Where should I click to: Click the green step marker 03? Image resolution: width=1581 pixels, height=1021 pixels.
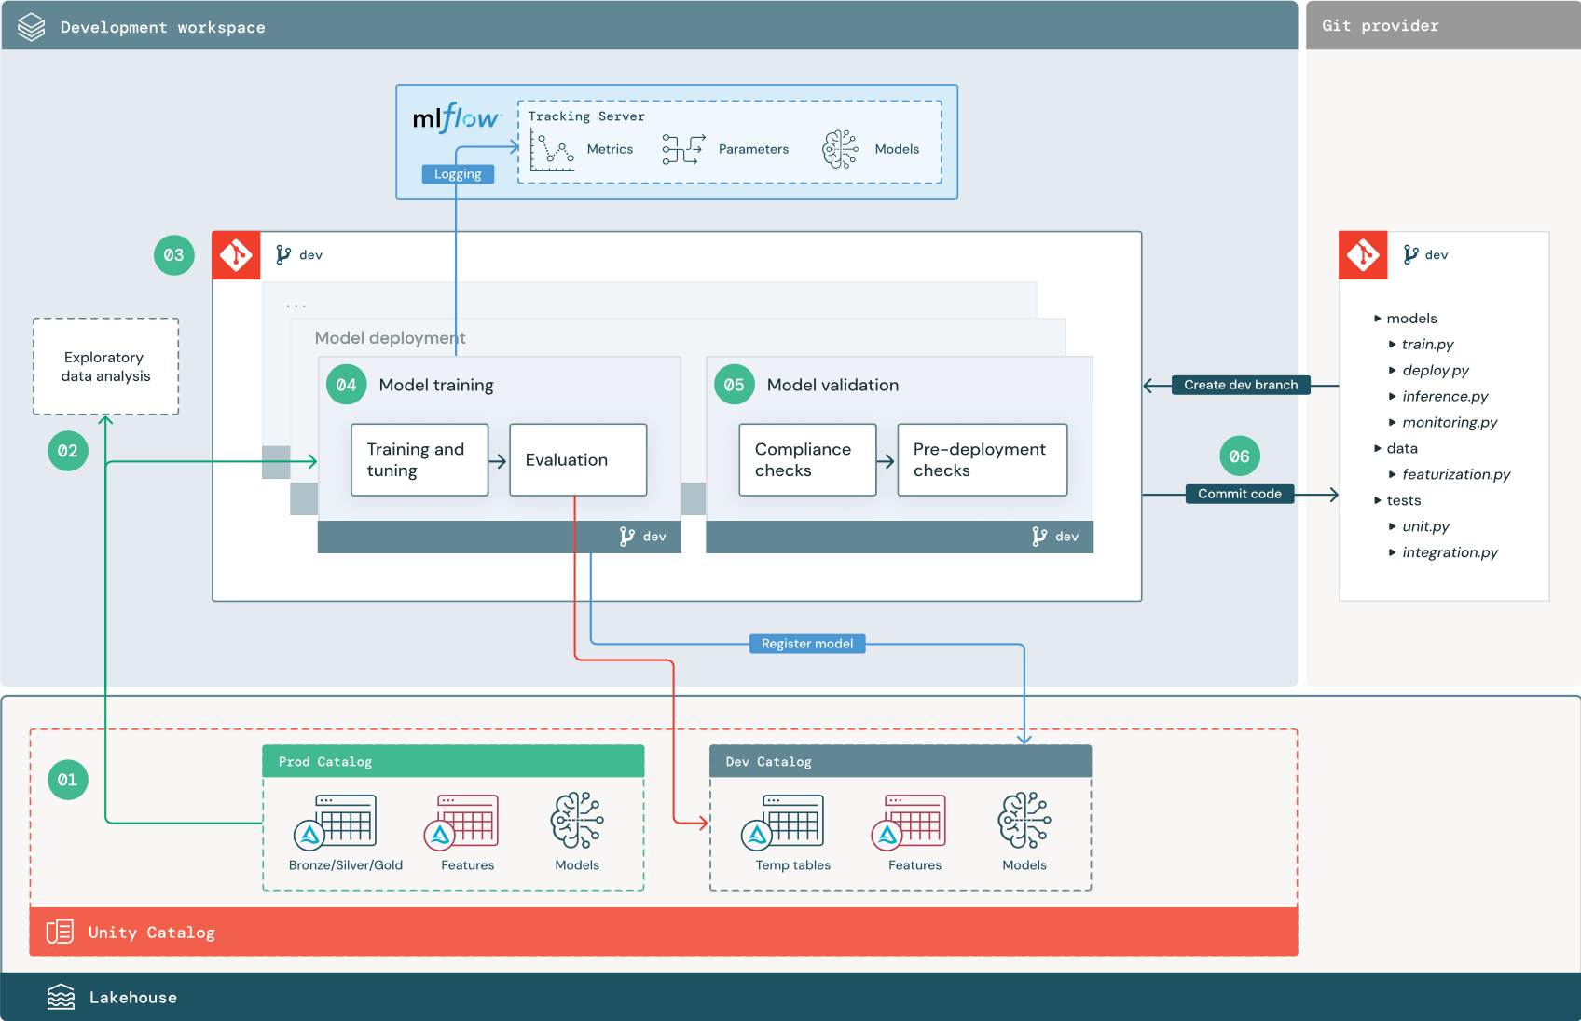(174, 255)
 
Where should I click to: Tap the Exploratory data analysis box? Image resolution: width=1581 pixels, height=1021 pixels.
(105, 367)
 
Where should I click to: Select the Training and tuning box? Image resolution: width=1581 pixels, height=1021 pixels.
(419, 460)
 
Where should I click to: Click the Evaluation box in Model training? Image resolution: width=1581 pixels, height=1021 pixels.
(578, 460)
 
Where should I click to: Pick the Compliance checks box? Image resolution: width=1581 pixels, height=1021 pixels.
(807, 460)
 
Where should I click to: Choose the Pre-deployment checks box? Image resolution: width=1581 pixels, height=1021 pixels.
(982, 460)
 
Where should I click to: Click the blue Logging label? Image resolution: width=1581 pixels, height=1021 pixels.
(458, 174)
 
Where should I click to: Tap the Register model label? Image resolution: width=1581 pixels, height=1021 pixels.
(807, 644)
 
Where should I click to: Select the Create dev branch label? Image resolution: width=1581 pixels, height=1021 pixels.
(1240, 385)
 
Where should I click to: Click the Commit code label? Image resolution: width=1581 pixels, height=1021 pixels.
(1239, 494)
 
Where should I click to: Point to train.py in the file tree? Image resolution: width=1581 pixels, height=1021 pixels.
(1427, 345)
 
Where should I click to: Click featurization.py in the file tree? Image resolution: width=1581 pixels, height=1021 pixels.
(1455, 474)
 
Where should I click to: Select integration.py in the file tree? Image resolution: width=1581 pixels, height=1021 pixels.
(1450, 552)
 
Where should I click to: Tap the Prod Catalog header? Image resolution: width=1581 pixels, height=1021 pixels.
(453, 761)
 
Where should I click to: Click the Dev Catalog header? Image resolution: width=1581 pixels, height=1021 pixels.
(900, 761)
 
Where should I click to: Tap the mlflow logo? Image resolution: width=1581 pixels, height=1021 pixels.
(456, 118)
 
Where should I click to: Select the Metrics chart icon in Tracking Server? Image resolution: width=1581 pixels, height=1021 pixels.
(553, 150)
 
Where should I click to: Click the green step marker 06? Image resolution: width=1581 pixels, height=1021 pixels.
(1239, 456)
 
